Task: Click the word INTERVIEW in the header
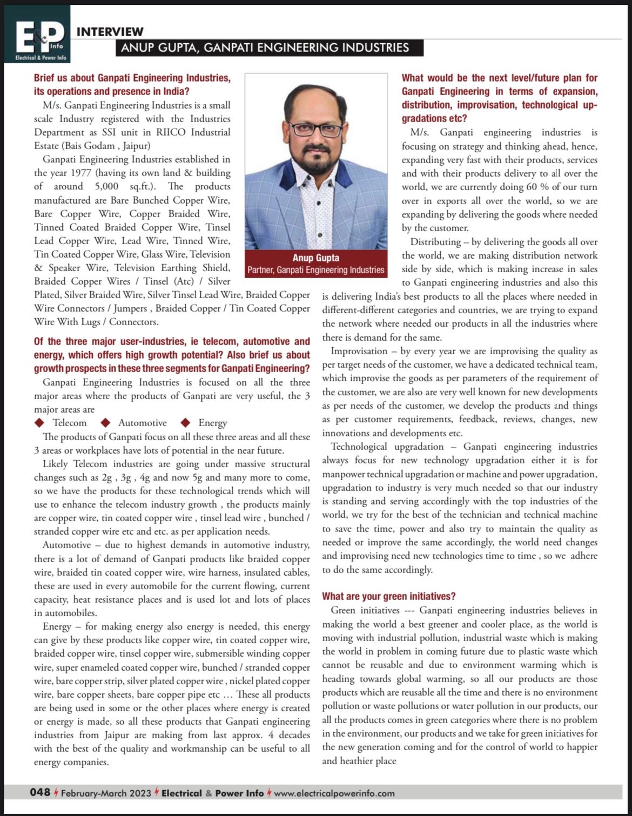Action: point(110,32)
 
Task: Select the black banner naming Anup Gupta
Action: point(268,48)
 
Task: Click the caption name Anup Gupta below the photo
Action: point(316,258)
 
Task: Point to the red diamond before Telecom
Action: point(39,422)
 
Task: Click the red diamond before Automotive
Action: point(106,422)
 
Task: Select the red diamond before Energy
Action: point(186,422)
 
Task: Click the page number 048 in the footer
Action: point(40,792)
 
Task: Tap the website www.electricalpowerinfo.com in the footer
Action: point(334,793)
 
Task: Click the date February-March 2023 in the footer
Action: point(106,793)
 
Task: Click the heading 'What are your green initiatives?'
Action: point(389,596)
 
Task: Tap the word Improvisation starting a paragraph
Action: point(359,351)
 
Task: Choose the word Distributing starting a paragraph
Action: point(435,241)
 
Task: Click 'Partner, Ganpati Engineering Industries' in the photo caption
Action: point(316,269)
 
